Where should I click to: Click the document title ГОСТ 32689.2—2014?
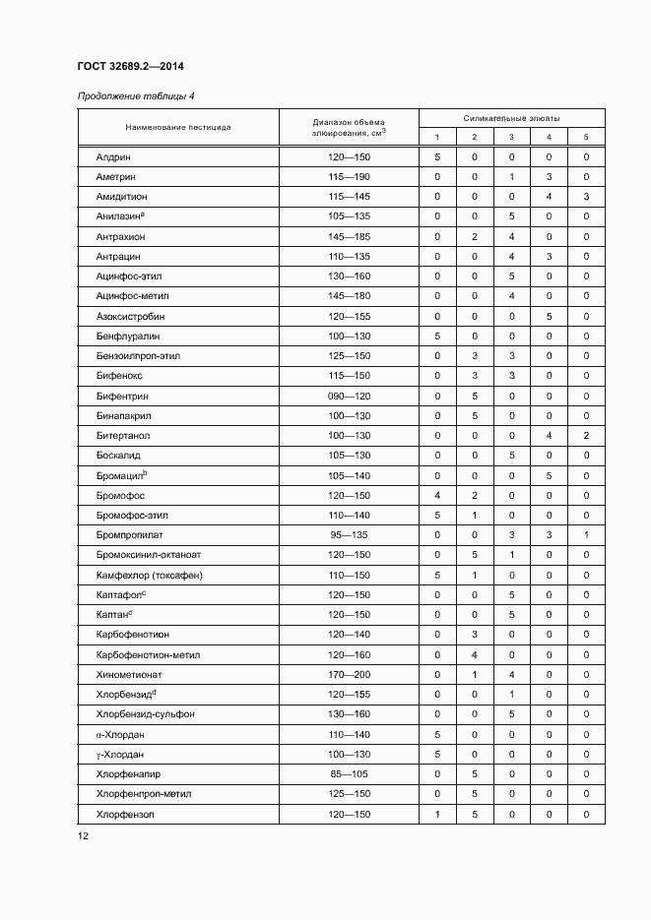(130, 67)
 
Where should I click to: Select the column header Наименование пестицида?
(178, 127)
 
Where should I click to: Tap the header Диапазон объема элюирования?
(349, 127)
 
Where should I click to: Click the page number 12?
(84, 836)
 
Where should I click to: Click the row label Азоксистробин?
(130, 317)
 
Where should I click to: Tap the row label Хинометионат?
(128, 674)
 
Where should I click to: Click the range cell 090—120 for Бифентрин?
(349, 396)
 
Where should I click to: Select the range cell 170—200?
(349, 674)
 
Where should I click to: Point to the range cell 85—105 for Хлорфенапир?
(349, 774)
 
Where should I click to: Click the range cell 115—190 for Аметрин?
(349, 177)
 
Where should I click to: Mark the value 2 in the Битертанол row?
(586, 436)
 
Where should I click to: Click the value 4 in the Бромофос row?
(436, 495)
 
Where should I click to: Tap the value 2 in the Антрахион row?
(474, 237)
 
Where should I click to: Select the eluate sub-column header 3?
(511, 137)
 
